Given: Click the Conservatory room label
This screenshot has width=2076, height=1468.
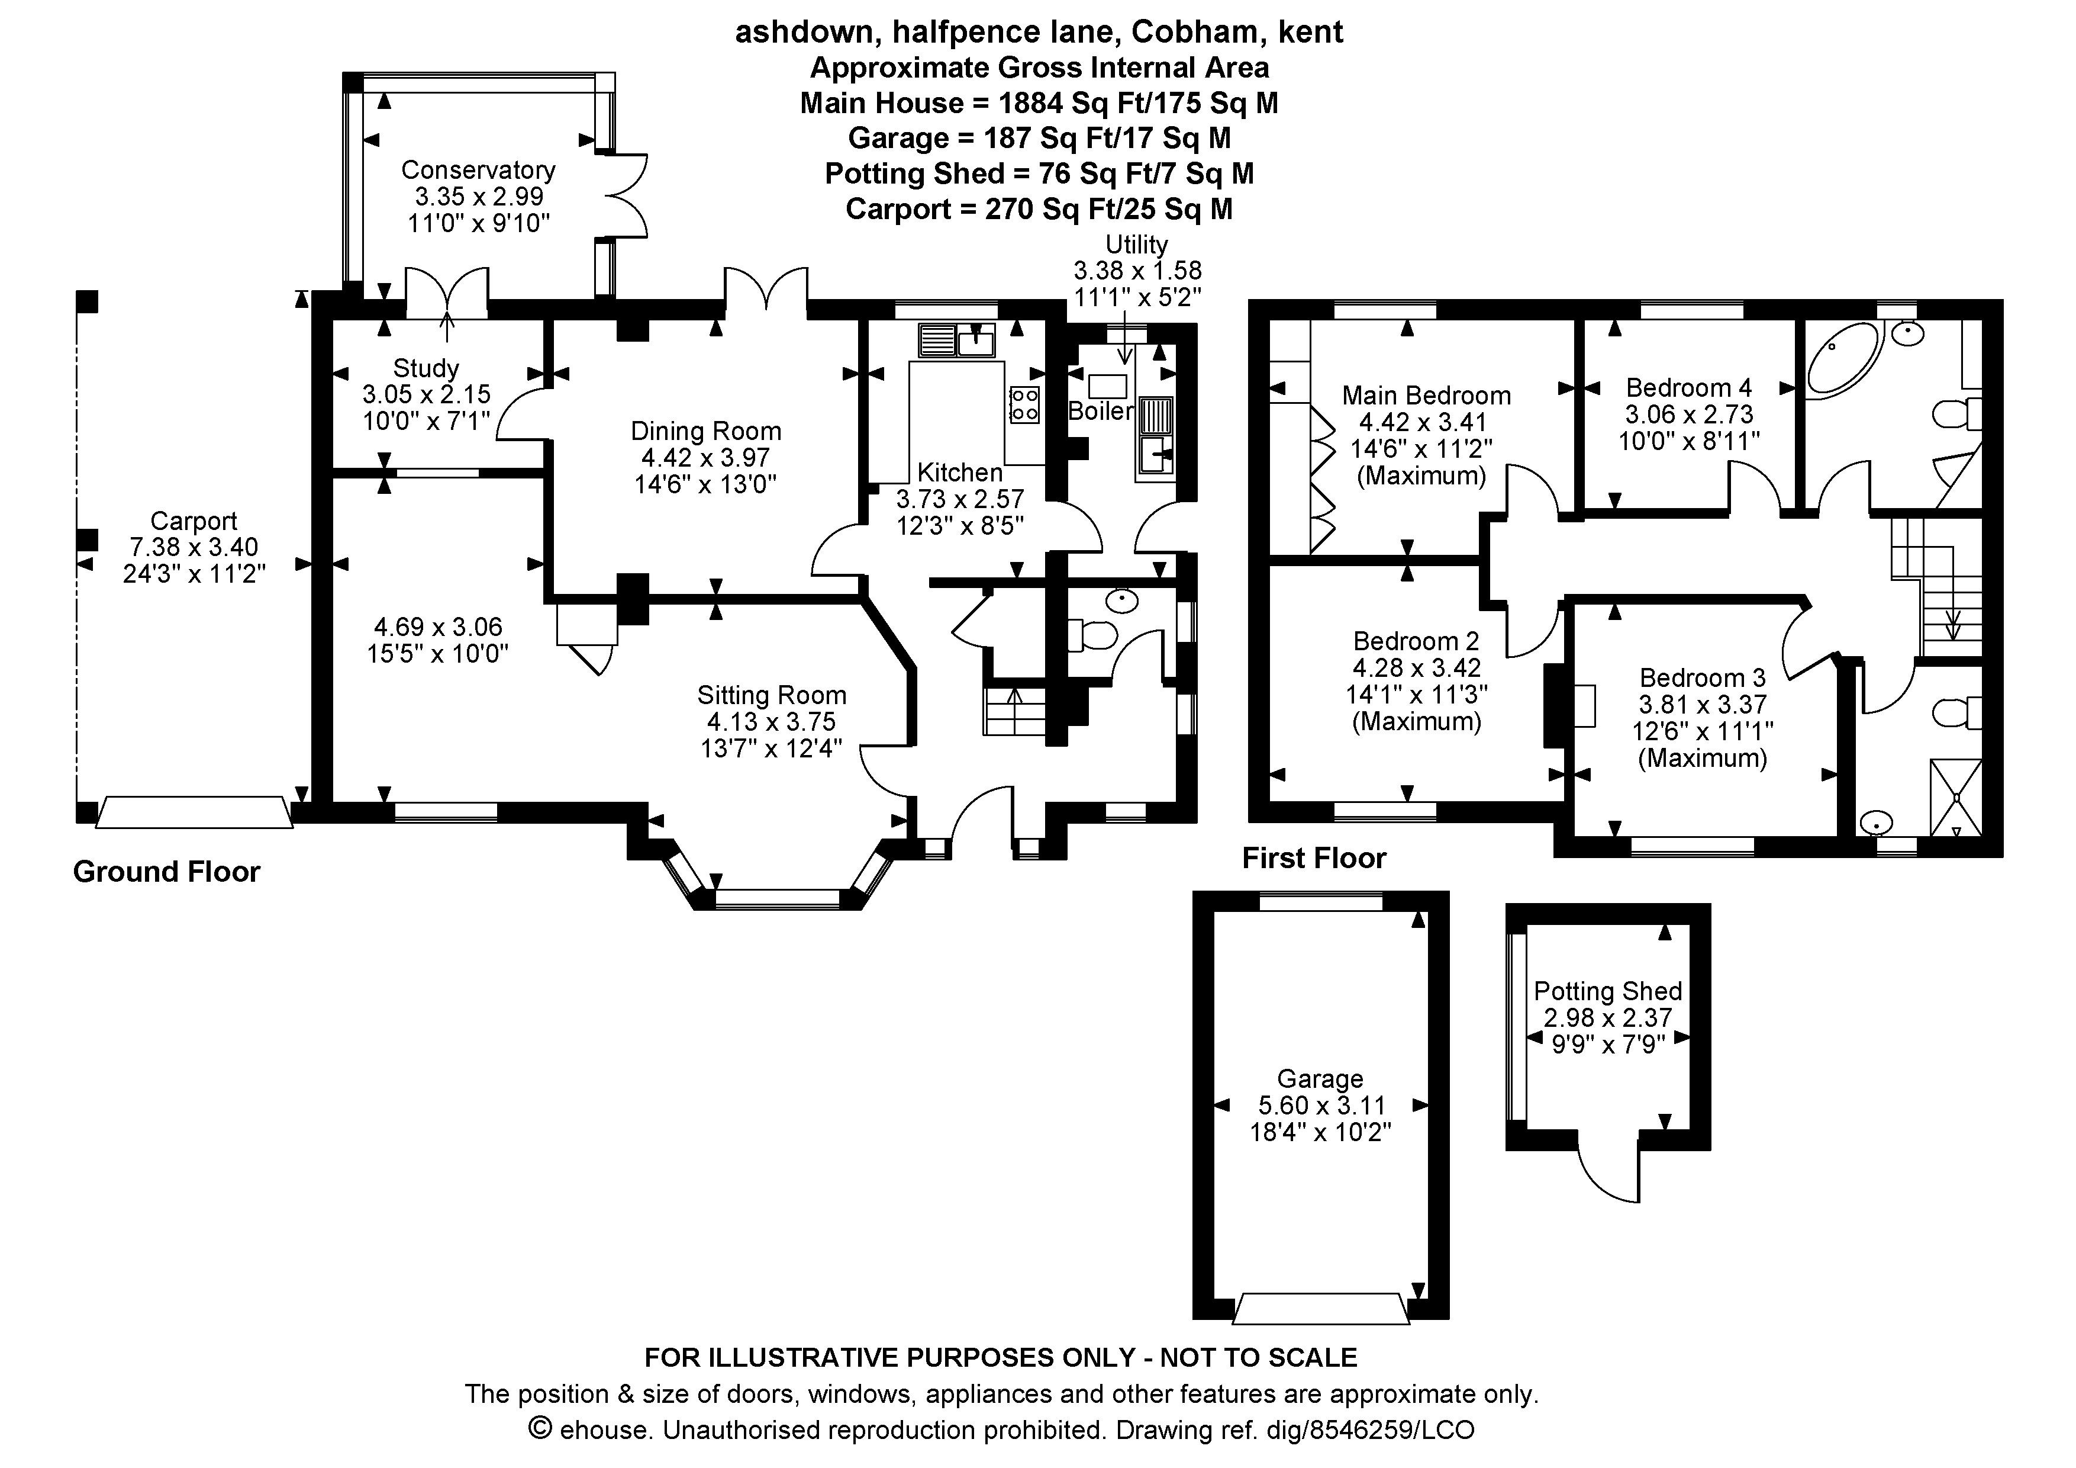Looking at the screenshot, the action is (x=478, y=170).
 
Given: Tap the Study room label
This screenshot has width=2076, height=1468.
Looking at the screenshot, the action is (x=426, y=368).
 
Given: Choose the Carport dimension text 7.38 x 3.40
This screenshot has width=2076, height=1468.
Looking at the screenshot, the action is (x=194, y=547).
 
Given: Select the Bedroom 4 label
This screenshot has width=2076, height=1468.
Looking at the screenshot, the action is (x=1688, y=388).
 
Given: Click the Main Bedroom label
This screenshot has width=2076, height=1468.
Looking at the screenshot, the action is (x=1426, y=395).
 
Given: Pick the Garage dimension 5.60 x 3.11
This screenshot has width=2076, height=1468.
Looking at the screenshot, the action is (x=1320, y=1106).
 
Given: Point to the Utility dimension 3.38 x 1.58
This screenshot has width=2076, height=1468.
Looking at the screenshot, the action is (x=1137, y=271).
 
